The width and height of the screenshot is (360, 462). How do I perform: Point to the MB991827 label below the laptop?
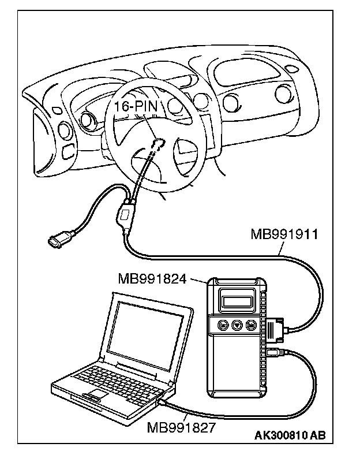pos(181,428)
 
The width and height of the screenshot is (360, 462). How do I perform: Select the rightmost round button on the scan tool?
pos(251,326)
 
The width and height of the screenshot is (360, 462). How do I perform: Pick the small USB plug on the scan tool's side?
pos(274,352)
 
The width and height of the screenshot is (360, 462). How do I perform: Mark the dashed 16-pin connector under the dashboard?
pos(157,142)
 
